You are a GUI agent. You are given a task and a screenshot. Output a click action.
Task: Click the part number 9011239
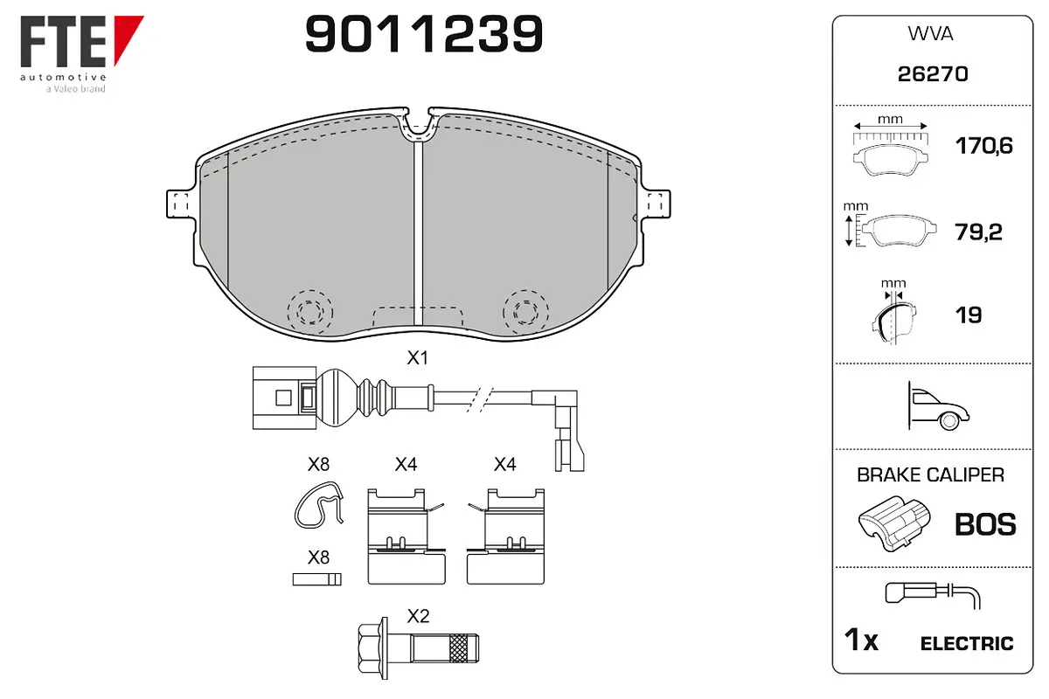(x=424, y=34)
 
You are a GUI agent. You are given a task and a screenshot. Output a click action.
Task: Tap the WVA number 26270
(x=933, y=74)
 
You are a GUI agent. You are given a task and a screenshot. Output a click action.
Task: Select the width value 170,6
(x=984, y=146)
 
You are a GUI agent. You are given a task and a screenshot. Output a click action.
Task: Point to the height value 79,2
(x=978, y=232)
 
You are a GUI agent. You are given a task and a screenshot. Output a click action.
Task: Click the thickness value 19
(x=969, y=315)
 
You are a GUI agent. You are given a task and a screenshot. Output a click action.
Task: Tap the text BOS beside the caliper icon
(x=985, y=524)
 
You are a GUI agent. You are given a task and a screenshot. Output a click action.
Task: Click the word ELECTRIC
(x=967, y=643)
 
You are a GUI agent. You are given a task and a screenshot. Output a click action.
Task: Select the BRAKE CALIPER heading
(x=930, y=474)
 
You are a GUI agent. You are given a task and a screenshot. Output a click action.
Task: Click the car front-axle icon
(x=938, y=406)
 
